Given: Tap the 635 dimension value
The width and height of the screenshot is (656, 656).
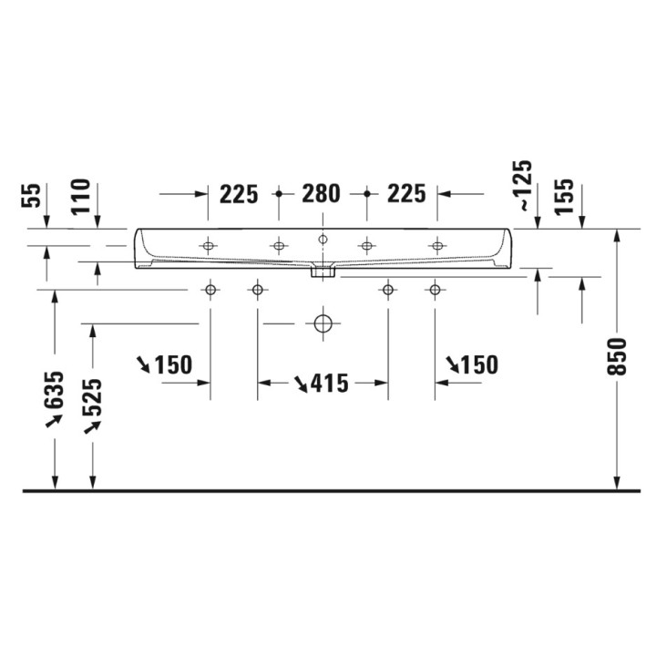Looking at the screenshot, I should [56, 388].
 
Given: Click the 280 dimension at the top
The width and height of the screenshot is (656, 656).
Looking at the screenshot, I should [322, 193].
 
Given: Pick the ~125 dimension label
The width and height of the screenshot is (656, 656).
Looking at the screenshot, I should [526, 185].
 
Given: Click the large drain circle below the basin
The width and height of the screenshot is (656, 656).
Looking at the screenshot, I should [323, 323].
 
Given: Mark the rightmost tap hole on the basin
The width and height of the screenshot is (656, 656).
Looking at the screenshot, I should [436, 246].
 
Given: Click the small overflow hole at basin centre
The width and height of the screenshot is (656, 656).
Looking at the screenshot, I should [323, 240].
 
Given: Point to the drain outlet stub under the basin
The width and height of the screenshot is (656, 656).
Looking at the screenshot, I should [323, 270].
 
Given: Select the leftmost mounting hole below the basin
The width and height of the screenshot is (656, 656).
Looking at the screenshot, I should [210, 290].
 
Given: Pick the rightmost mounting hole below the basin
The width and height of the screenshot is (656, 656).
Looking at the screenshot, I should [436, 290].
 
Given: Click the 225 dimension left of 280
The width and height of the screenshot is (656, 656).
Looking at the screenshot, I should [239, 193].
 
